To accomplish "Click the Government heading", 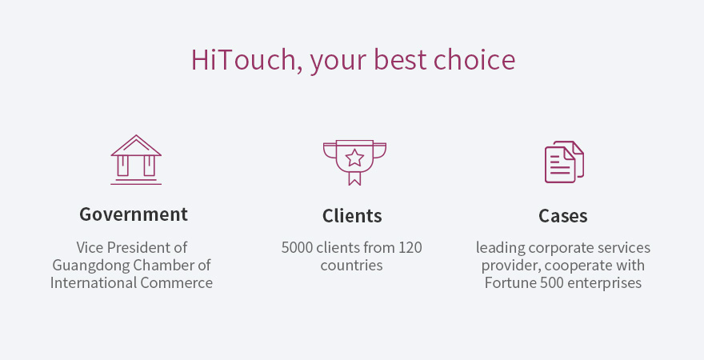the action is pyautogui.click(x=134, y=215).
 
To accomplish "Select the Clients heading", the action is pyautogui.click(x=352, y=216).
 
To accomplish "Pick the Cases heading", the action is pyautogui.click(x=563, y=216).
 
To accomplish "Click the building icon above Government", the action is pyautogui.click(x=136, y=160).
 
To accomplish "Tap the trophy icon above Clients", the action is pyautogui.click(x=354, y=162).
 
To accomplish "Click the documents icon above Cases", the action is pyautogui.click(x=564, y=162).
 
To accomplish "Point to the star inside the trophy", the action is pyautogui.click(x=354, y=158).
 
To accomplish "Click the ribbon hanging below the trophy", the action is pyautogui.click(x=354, y=178).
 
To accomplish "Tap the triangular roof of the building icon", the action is pyautogui.click(x=136, y=146).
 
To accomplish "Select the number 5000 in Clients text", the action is pyautogui.click(x=297, y=248).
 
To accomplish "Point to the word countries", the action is pyautogui.click(x=351, y=266).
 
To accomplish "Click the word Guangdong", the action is pyautogui.click(x=91, y=266).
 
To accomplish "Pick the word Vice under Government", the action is pyautogui.click(x=90, y=248).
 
